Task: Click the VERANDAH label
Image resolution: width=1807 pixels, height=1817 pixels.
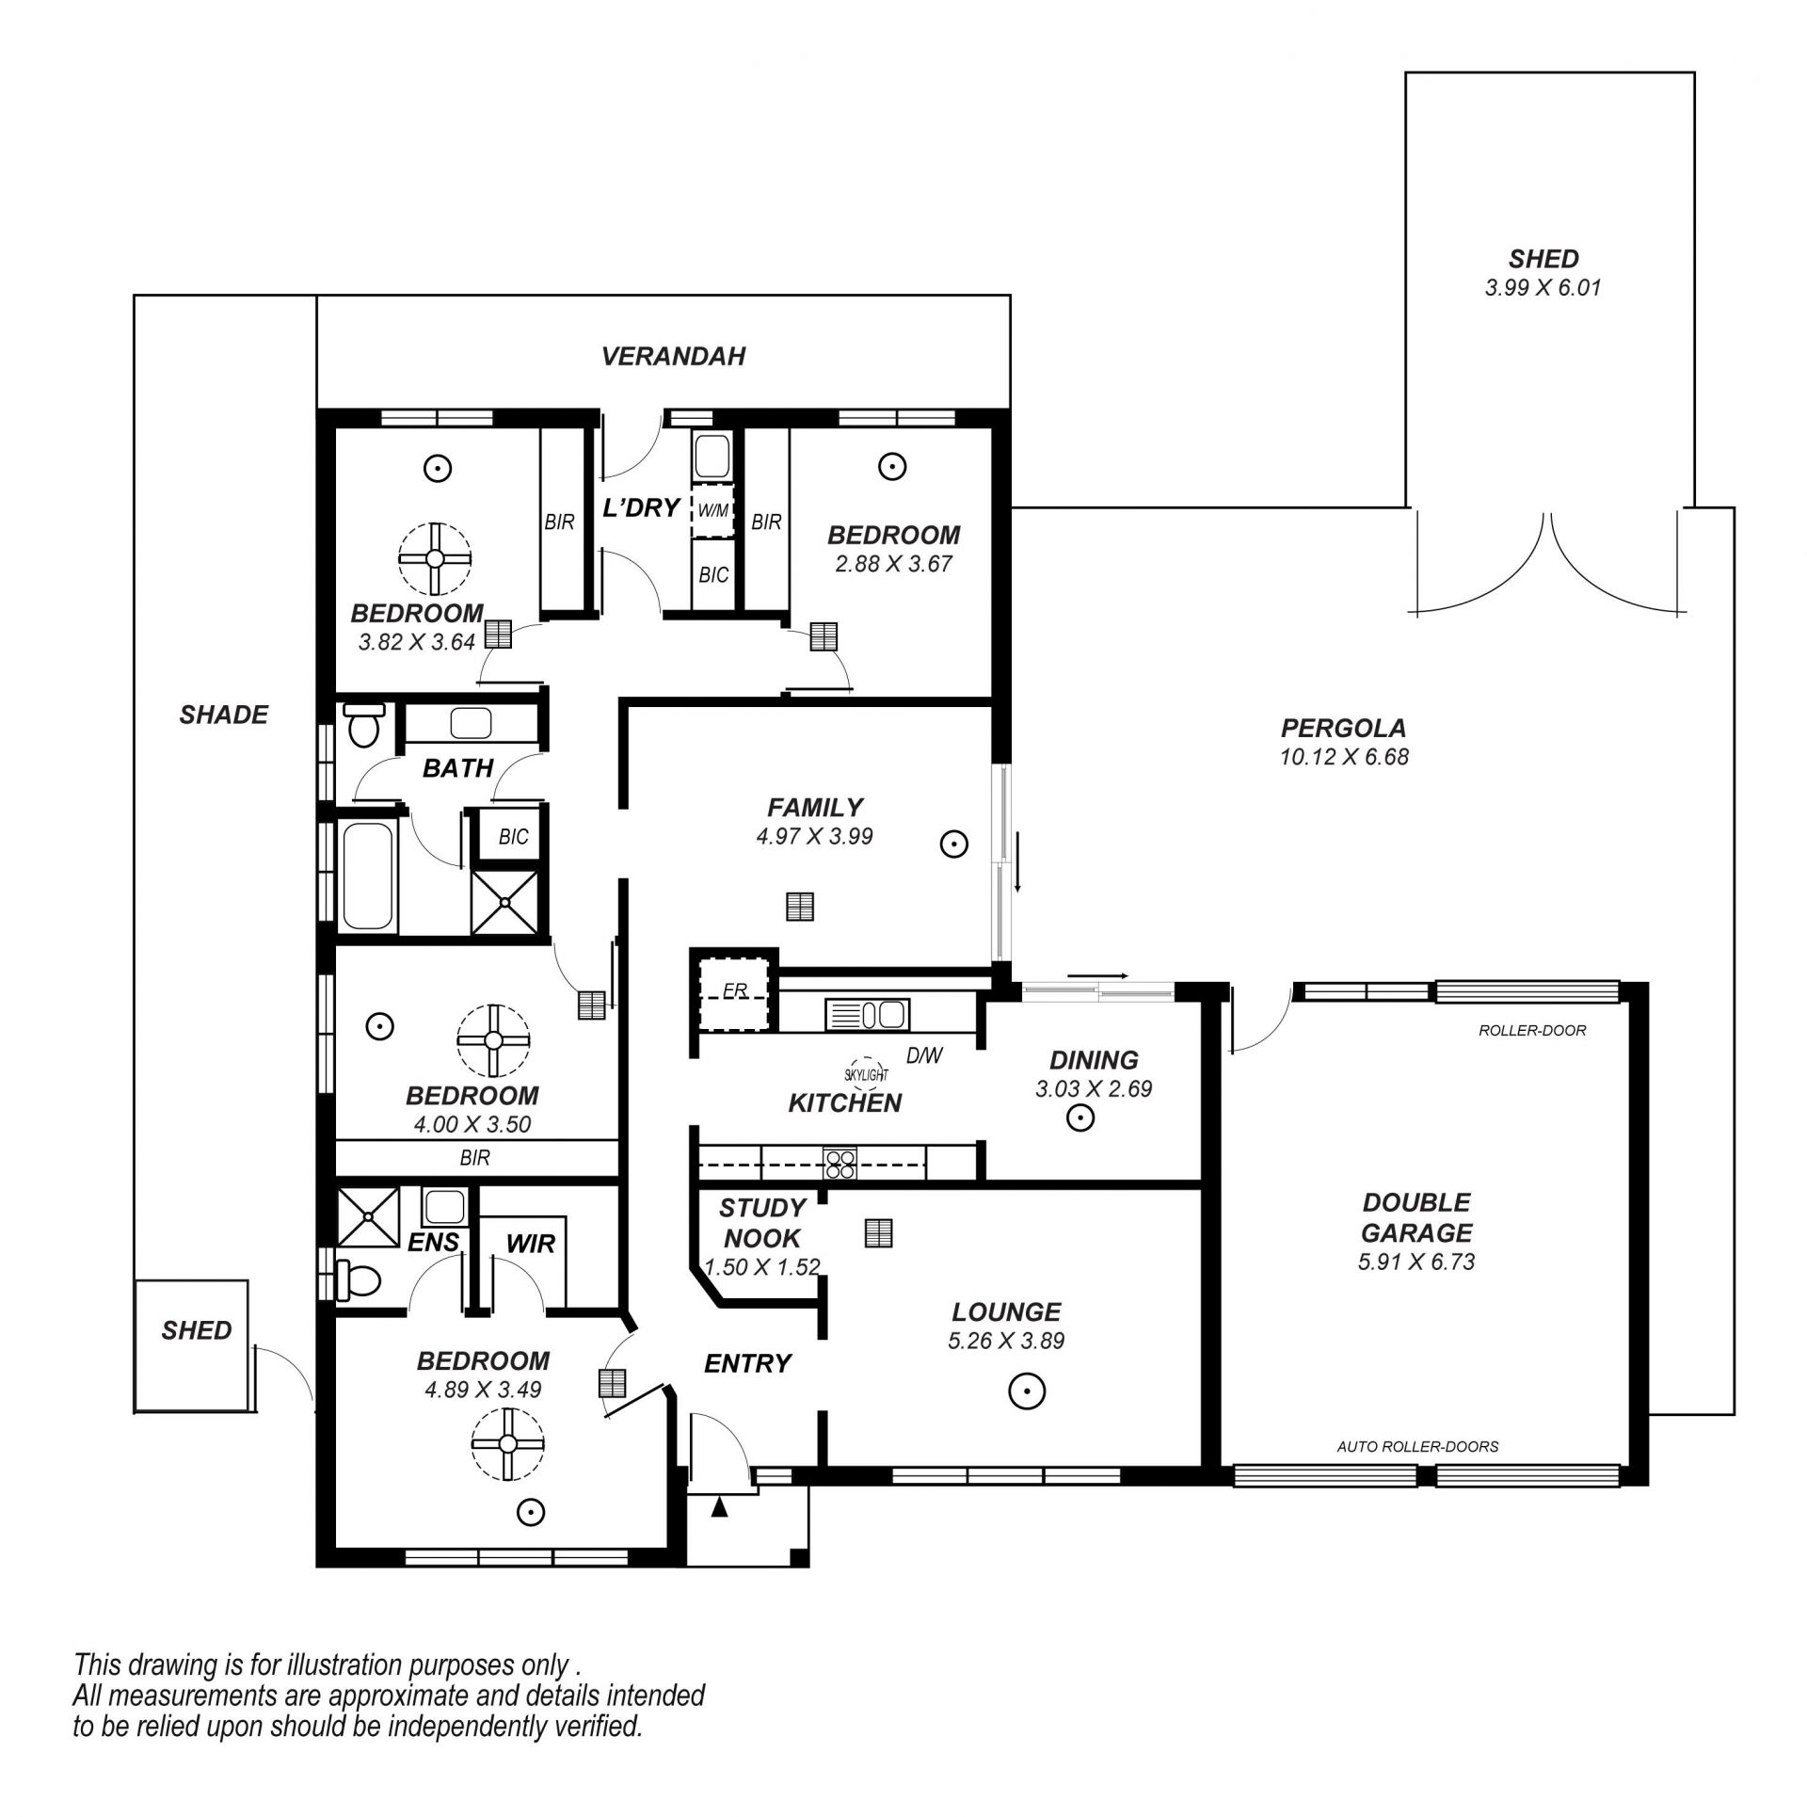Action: click(x=673, y=356)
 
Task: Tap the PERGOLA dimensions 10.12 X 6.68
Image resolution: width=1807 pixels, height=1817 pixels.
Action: click(x=1344, y=757)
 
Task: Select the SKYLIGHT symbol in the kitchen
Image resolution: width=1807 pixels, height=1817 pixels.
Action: click(x=866, y=1074)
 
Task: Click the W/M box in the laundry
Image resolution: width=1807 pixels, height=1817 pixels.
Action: click(x=712, y=511)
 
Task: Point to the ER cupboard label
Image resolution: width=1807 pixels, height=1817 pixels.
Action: click(x=735, y=991)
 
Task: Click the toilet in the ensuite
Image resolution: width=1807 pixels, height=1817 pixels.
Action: click(x=358, y=1278)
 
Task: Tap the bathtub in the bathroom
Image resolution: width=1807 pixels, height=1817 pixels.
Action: click(x=368, y=876)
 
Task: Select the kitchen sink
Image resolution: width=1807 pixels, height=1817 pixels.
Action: click(x=867, y=1015)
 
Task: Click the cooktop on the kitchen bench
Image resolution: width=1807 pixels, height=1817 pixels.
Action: click(x=839, y=1165)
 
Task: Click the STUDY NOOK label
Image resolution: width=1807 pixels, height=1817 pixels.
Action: click(x=761, y=1223)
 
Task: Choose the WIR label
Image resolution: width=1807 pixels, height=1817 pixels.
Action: click(x=530, y=1244)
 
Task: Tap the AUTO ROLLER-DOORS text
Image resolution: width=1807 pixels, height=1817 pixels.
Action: click(x=1417, y=1446)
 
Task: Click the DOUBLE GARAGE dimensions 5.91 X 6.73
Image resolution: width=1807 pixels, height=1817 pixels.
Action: click(x=1416, y=1262)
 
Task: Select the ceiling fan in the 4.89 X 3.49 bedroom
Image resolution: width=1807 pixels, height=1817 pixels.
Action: click(x=508, y=1444)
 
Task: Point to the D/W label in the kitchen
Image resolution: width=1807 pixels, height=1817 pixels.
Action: click(x=923, y=1056)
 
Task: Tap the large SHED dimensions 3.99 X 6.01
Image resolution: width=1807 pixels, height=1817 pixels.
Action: click(x=1543, y=288)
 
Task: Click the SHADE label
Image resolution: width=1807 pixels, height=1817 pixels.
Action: click(x=224, y=716)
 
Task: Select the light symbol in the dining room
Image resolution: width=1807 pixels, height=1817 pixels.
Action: click(x=1080, y=1118)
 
